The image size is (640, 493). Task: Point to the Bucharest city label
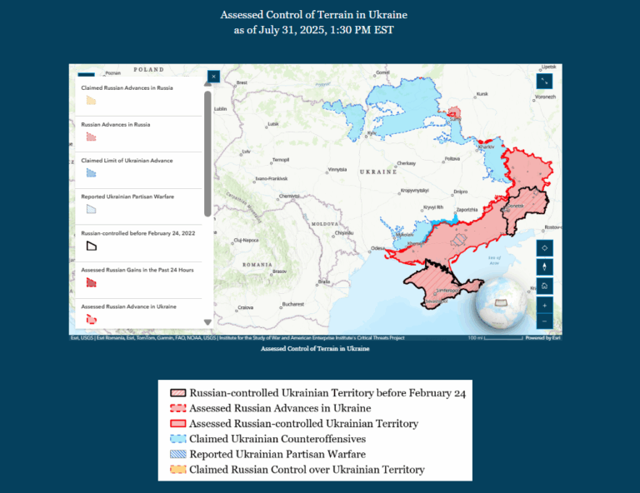[x=292, y=304]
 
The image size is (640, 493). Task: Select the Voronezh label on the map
[x=544, y=97]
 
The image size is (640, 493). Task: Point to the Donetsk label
[x=515, y=206]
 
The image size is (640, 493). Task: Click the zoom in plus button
[x=544, y=305]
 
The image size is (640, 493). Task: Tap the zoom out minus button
[x=544, y=321]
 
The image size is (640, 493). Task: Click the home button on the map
[x=544, y=286]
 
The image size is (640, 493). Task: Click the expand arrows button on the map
[x=544, y=81]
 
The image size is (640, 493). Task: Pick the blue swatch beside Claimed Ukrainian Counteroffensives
[x=177, y=439]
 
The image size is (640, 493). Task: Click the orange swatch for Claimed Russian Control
[x=177, y=470]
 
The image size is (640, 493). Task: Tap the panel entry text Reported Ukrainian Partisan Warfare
[x=127, y=197]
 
